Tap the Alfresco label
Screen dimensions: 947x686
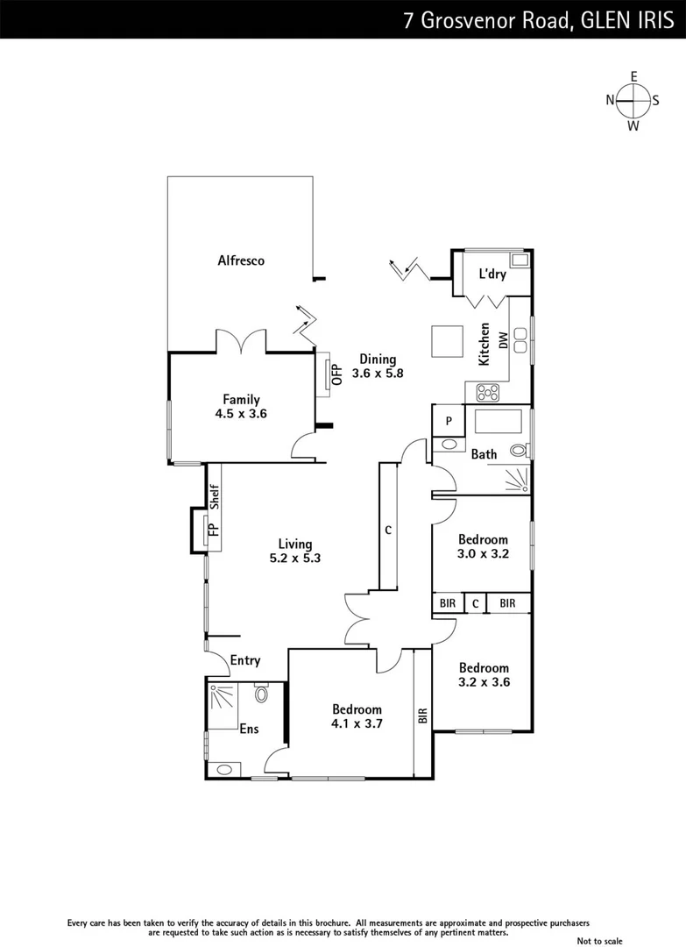(x=241, y=260)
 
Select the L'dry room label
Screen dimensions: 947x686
(x=492, y=274)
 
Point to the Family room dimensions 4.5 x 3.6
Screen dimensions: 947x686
(x=240, y=413)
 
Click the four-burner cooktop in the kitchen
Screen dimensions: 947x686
(x=487, y=392)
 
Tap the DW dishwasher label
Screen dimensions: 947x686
(x=504, y=340)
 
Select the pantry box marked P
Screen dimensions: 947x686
(x=449, y=421)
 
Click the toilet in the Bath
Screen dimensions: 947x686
(x=519, y=451)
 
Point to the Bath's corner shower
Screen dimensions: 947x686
(x=518, y=479)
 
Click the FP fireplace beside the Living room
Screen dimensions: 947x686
(x=210, y=530)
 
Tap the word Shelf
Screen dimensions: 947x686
(x=213, y=497)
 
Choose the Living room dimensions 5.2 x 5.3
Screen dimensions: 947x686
(x=294, y=558)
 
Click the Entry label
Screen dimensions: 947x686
(x=245, y=660)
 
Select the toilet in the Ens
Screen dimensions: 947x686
(x=260, y=695)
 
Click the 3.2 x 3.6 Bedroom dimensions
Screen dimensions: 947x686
(x=484, y=681)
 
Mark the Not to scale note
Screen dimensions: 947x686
(x=602, y=940)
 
